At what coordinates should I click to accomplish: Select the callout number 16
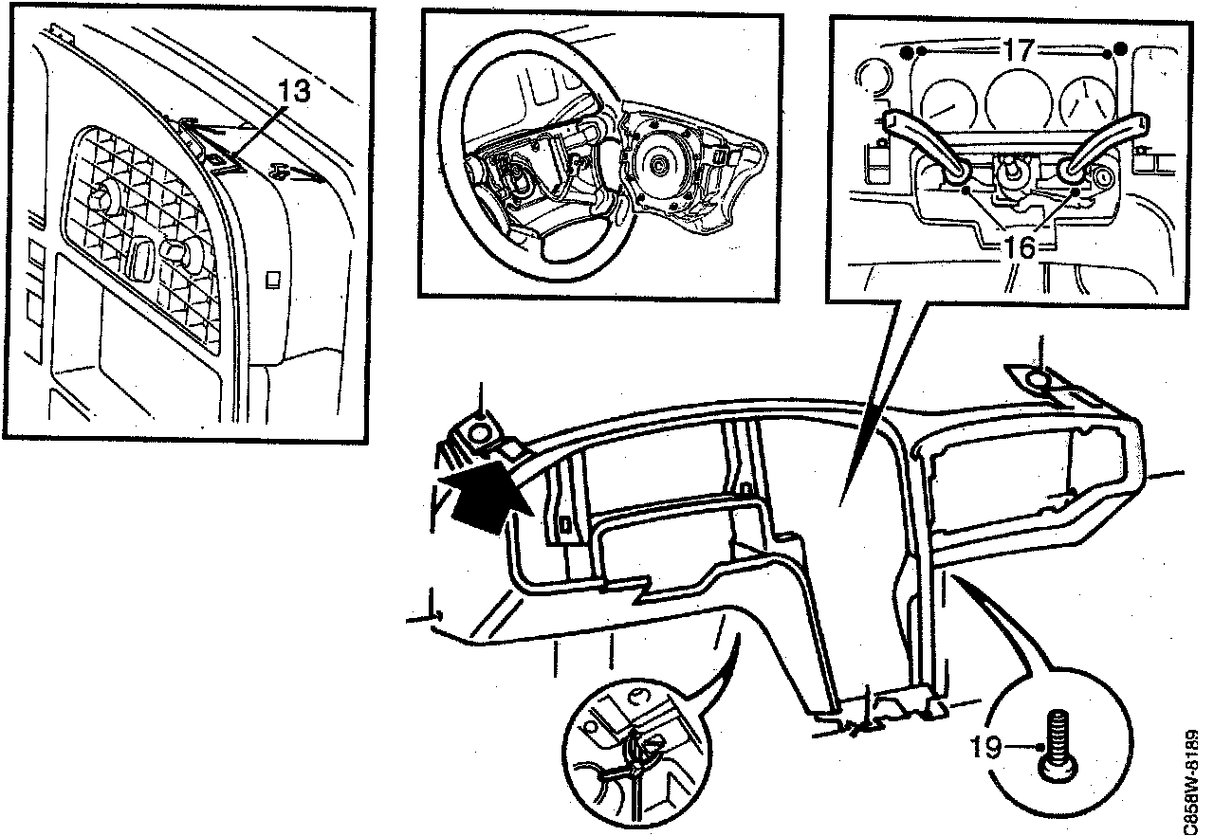1020,247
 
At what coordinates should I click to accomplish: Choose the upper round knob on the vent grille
100,199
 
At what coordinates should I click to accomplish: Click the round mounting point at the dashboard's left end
482,434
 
